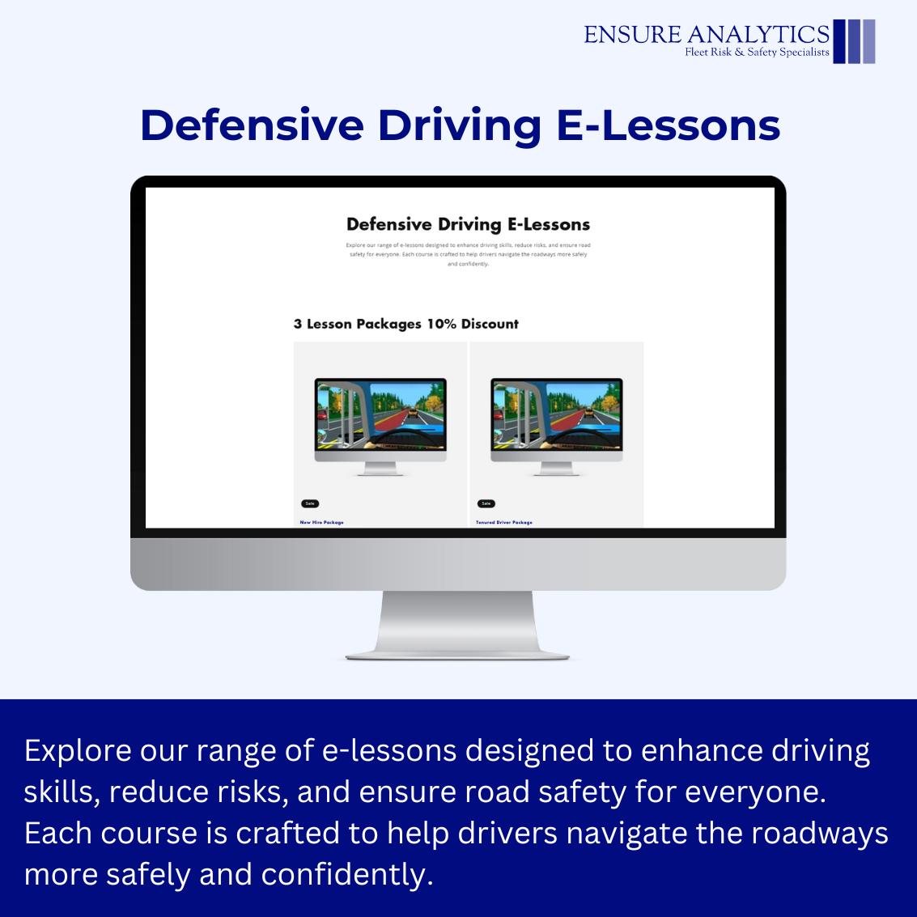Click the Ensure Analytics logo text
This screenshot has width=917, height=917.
click(706, 34)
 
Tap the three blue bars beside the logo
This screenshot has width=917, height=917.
click(854, 41)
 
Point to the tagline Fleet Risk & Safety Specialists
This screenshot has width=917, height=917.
click(757, 53)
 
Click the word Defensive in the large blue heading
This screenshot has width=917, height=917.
click(252, 125)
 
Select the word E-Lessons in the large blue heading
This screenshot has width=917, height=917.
click(668, 125)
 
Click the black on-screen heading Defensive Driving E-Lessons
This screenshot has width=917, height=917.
click(468, 224)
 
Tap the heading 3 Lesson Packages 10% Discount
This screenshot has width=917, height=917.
click(405, 324)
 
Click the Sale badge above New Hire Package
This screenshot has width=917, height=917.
click(310, 503)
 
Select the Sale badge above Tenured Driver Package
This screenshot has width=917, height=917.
click(486, 503)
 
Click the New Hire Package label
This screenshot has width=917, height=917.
click(322, 523)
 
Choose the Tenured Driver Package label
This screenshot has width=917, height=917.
click(504, 523)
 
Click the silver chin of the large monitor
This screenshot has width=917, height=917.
click(458, 564)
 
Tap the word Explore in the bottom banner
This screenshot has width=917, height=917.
click(78, 751)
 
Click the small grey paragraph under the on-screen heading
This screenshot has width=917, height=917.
click(468, 254)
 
